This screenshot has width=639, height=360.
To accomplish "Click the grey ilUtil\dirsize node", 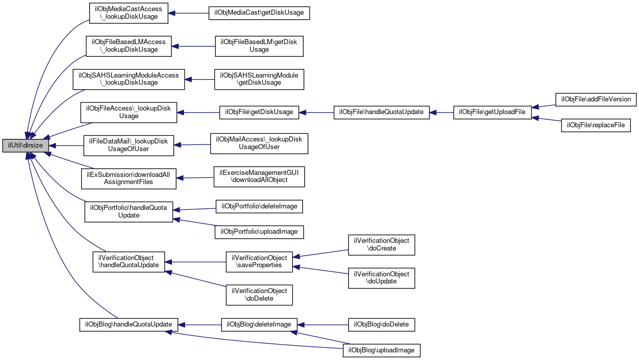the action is [25, 146].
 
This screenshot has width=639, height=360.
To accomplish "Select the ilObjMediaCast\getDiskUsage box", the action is [259, 13].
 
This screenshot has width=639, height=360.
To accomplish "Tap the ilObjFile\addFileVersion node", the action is [596, 99].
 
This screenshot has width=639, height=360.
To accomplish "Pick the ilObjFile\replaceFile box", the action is [596, 125].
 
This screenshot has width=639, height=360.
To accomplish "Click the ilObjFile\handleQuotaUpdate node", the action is [381, 113].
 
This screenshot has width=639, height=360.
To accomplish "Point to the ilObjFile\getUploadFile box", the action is [492, 113].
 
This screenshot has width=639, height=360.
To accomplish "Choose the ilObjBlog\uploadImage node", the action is [381, 350].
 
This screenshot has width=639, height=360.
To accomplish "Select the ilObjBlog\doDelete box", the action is [381, 325].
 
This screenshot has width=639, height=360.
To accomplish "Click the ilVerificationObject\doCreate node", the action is [381, 245].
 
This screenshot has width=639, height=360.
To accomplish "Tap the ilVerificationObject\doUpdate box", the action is [381, 278].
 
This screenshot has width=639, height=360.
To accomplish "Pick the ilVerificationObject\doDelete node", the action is [259, 295].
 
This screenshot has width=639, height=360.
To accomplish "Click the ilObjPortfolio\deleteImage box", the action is [259, 206].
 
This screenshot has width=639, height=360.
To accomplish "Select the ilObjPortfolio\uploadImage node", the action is [259, 232].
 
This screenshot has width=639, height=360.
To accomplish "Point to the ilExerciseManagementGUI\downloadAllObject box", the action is [259, 177].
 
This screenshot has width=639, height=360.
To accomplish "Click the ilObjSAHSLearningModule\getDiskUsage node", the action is [259, 79].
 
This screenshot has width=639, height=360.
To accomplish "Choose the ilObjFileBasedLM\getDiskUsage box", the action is [259, 46].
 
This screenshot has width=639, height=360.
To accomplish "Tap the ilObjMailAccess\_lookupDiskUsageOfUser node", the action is [259, 143].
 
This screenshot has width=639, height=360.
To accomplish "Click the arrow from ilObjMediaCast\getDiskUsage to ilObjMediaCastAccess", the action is [188, 13].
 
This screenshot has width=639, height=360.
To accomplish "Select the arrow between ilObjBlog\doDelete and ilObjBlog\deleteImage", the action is [323, 325].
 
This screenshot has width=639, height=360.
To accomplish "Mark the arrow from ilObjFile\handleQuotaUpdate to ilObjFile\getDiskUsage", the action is [316, 113].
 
